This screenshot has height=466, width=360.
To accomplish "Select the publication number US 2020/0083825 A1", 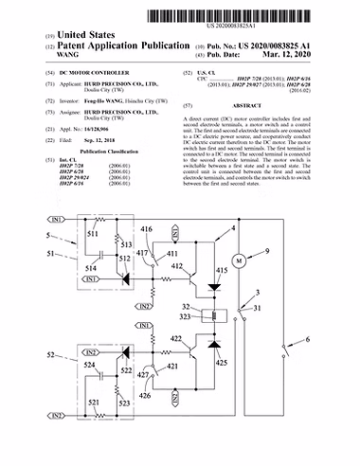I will (x=290, y=44).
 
